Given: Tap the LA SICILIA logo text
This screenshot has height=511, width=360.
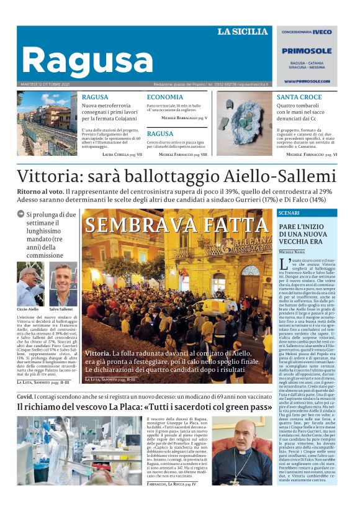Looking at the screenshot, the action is click(242, 32).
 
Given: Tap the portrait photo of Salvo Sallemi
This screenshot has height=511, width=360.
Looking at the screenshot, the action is click(62, 284).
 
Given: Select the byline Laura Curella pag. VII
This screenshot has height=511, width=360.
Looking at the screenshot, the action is click(122, 154).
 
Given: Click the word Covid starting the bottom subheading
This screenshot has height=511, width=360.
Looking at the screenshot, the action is click(24, 395).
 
